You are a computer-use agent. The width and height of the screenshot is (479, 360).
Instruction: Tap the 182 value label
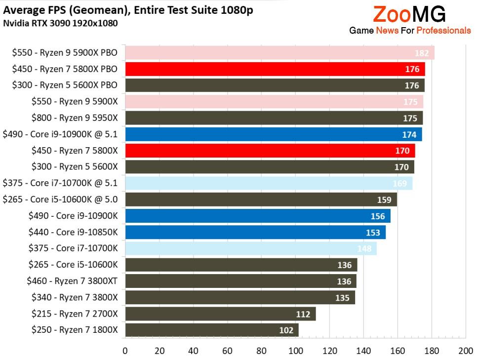tap(422, 53)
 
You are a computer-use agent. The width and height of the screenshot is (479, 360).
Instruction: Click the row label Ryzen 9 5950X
tap(75, 118)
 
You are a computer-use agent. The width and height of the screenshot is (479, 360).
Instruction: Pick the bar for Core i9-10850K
tap(255, 232)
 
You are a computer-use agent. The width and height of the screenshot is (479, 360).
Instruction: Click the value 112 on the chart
tap(303, 314)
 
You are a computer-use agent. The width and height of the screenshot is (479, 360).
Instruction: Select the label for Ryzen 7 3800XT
tap(73, 281)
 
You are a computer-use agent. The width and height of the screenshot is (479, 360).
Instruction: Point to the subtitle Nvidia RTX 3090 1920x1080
tap(60, 23)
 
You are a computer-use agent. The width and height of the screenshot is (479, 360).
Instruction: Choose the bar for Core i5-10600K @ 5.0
tap(261, 200)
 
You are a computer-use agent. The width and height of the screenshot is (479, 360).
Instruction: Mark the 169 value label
tap(399, 183)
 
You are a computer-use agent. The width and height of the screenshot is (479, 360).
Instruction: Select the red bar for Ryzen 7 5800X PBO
tap(275, 69)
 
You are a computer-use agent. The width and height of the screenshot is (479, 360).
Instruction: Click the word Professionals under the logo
tap(443, 31)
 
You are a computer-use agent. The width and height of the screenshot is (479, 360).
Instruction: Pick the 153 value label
tap(373, 232)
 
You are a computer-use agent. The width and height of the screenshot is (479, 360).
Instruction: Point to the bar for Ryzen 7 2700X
tap(220, 314)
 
